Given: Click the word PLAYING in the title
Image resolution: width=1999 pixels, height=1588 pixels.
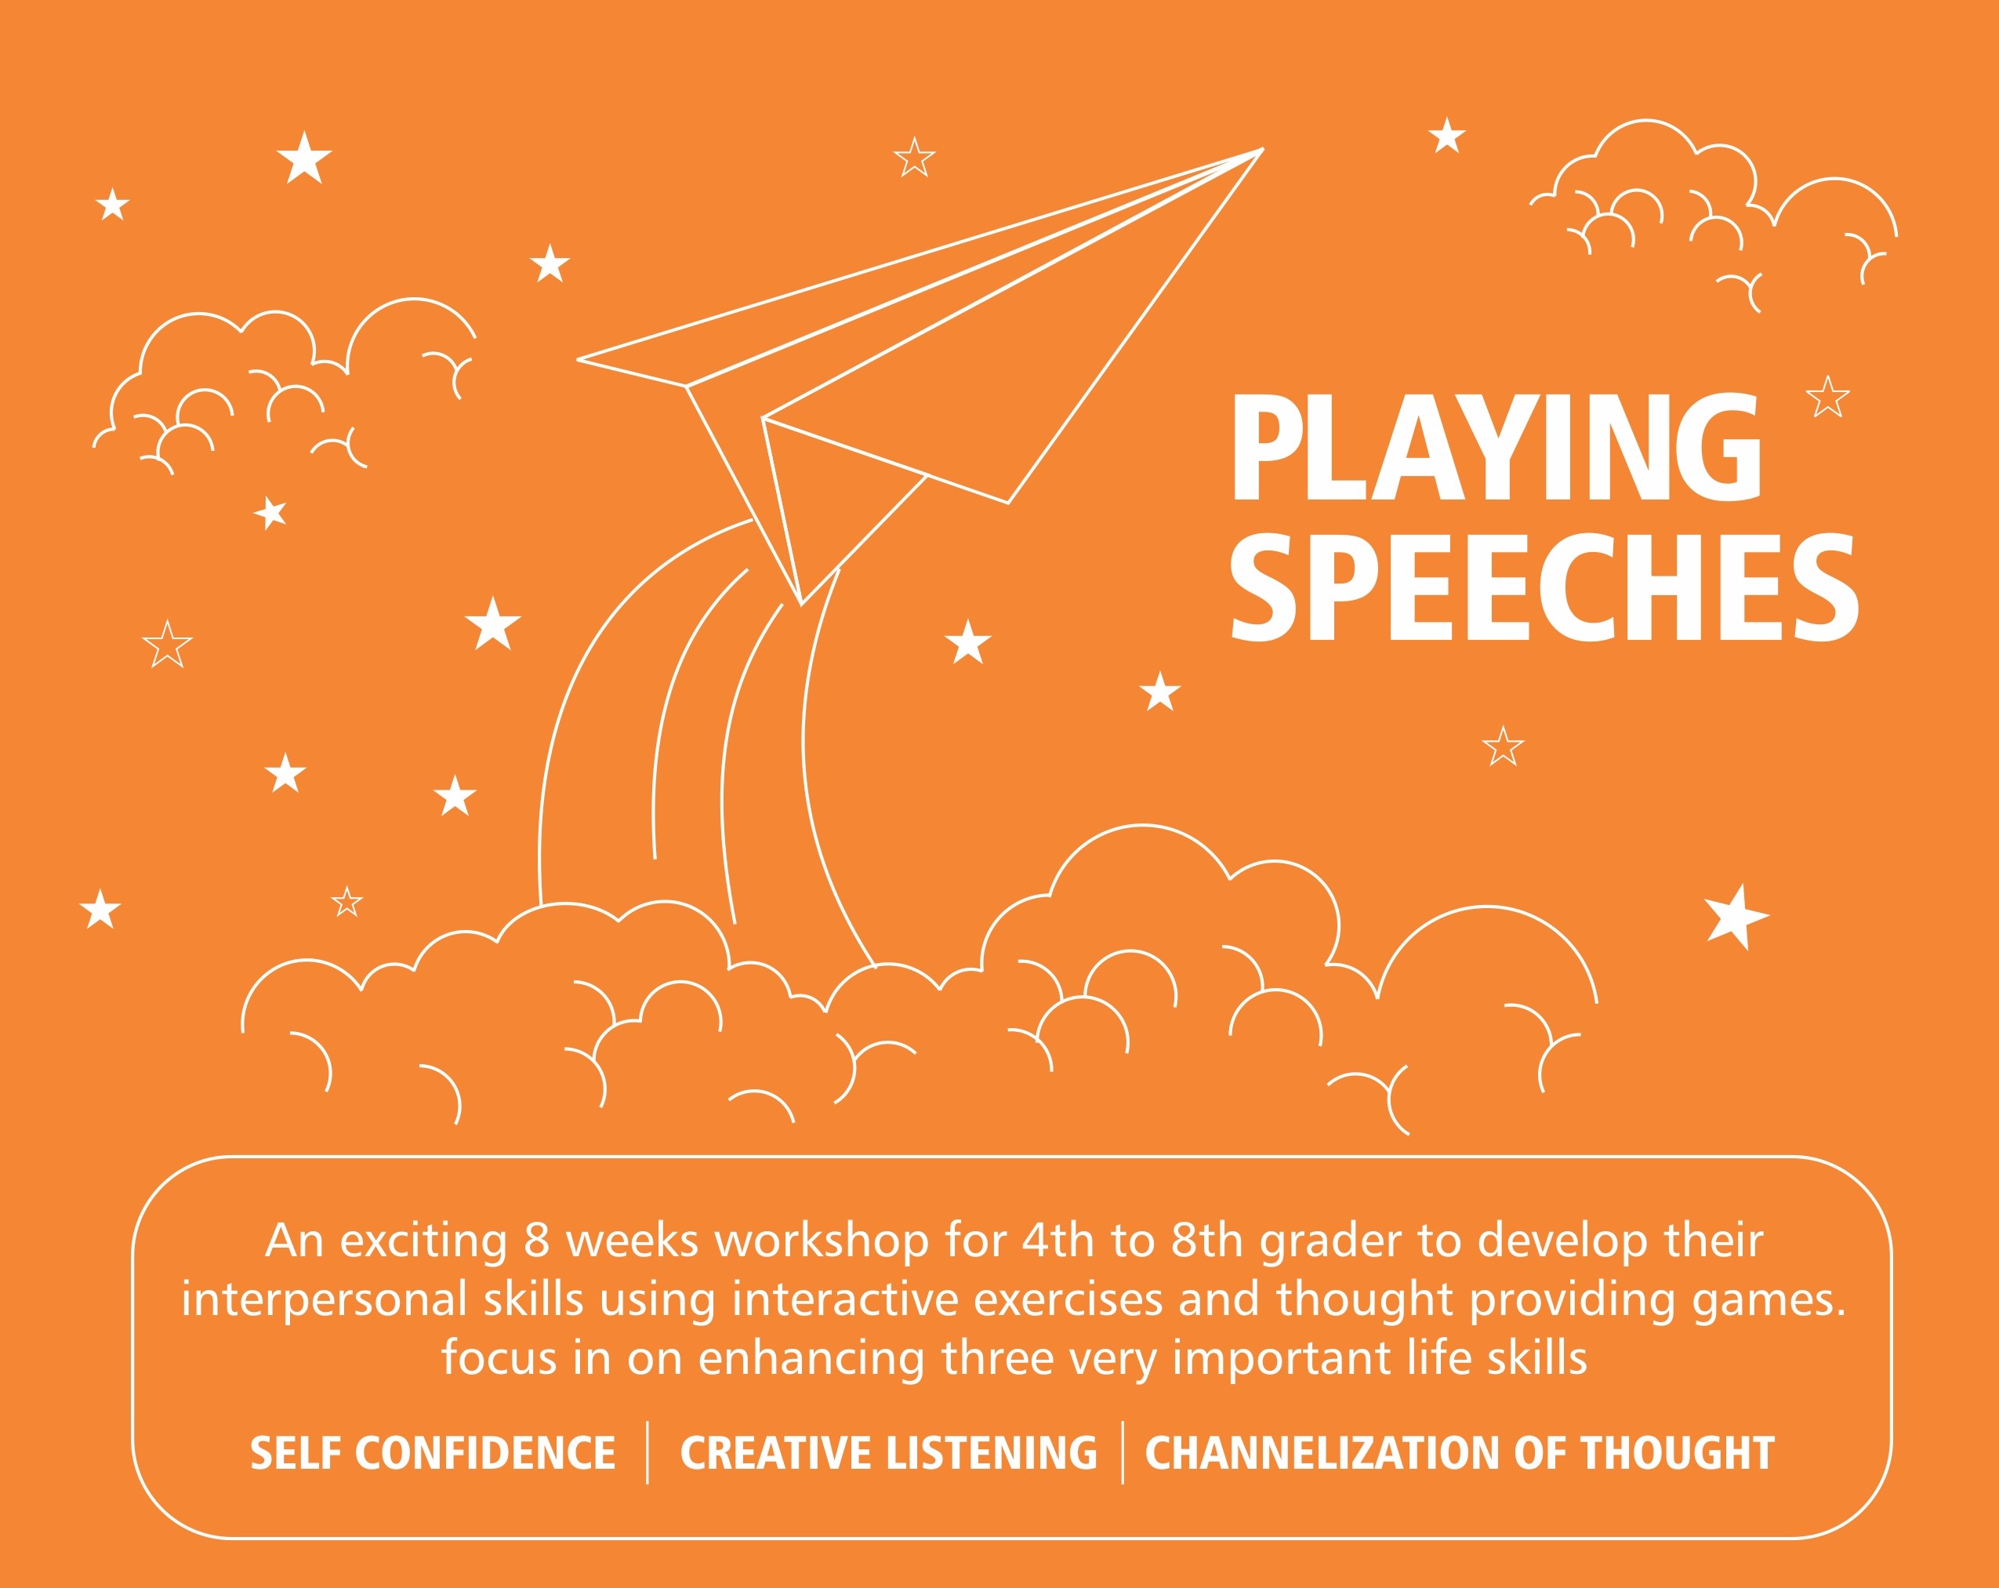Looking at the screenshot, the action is tap(1496, 447).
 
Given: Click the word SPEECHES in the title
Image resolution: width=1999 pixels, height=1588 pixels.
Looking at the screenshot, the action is tap(1544, 587).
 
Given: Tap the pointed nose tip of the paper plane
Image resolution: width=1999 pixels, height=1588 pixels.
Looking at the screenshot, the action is tap(1263, 148).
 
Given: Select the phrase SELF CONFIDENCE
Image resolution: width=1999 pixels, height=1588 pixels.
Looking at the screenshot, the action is tap(433, 1452).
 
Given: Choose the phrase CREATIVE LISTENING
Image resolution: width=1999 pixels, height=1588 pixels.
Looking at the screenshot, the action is tap(888, 1452).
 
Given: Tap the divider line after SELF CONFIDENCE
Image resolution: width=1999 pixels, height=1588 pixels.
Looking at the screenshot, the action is tap(648, 1452).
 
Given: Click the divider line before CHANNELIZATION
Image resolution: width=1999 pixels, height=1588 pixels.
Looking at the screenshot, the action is tap(1123, 1452).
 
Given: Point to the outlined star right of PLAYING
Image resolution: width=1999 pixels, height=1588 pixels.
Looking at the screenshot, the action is tap(1827, 398).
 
